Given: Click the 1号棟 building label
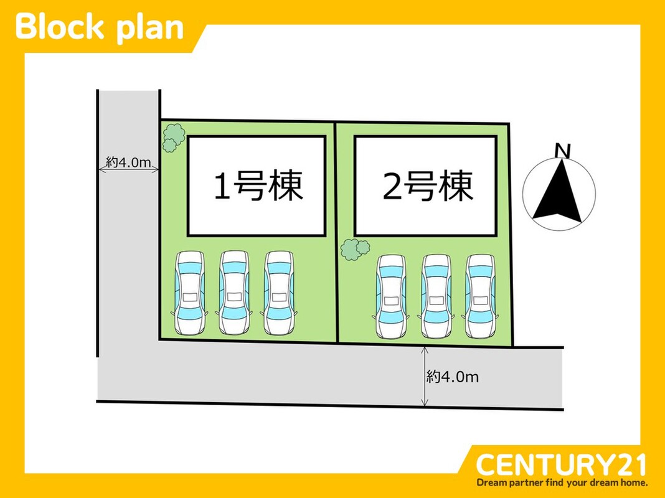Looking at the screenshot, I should [x=258, y=186].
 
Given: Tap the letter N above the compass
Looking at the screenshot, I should [x=563, y=150].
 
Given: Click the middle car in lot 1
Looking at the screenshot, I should [x=233, y=293].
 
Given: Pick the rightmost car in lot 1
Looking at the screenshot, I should [x=278, y=293].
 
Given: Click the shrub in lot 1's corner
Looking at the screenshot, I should [x=172, y=138].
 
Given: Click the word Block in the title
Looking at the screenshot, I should [x=59, y=27].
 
